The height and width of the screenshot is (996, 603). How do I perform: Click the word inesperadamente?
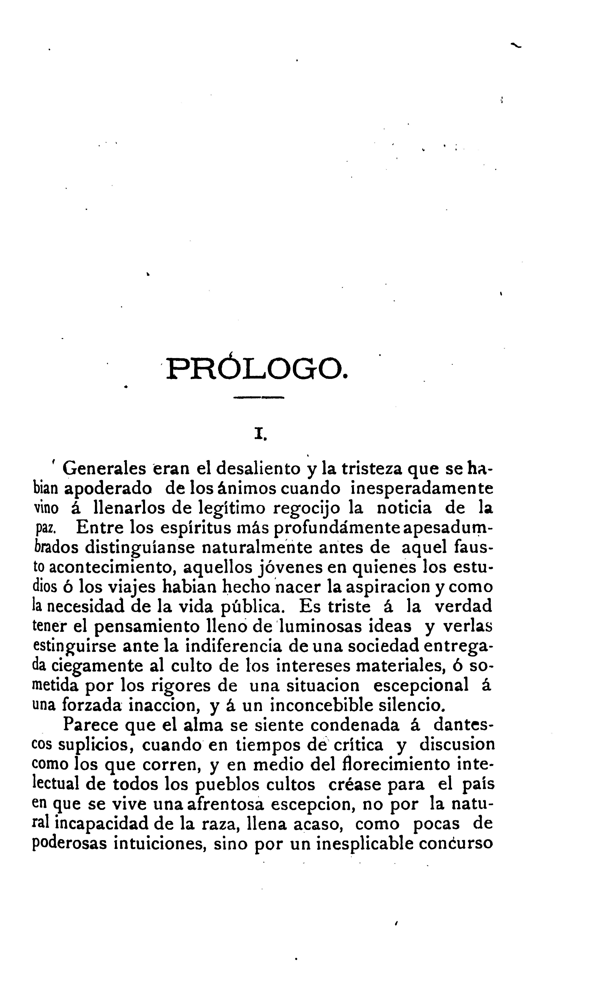(x=422, y=488)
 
